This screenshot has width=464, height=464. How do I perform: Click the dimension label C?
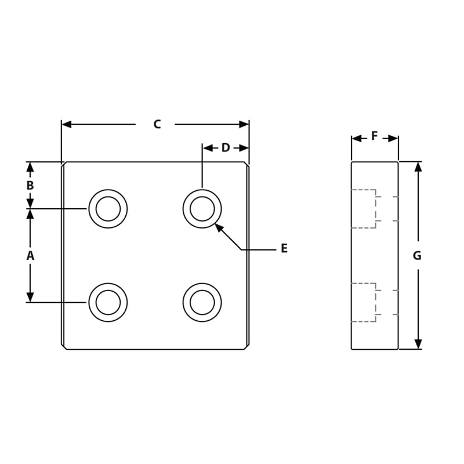click(157, 124)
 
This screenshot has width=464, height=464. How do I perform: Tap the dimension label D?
click(226, 148)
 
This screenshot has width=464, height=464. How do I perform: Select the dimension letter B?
click(30, 186)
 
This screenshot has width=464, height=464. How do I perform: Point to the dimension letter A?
click(30, 255)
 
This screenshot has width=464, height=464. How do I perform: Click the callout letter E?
click(284, 249)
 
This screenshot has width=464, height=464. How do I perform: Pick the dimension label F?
click(375, 136)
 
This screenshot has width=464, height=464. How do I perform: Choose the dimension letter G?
click(417, 255)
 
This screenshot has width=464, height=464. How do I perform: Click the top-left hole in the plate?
click(108, 209)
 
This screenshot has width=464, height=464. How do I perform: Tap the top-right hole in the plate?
click(202, 209)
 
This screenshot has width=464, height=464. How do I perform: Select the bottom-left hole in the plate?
click(108, 302)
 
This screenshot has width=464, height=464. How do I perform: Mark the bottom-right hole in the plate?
click(202, 302)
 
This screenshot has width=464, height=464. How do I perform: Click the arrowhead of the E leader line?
click(218, 227)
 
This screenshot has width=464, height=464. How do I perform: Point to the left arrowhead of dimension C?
click(66, 124)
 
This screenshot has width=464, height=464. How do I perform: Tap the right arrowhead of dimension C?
click(244, 124)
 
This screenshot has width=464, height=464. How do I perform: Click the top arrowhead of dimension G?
click(418, 166)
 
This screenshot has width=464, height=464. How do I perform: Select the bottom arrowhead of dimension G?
click(418, 345)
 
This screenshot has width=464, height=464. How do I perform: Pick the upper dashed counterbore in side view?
click(364, 209)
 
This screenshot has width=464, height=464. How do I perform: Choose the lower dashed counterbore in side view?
click(364, 302)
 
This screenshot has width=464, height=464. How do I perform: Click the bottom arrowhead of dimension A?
click(30, 298)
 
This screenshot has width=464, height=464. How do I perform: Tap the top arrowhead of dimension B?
click(30, 166)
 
